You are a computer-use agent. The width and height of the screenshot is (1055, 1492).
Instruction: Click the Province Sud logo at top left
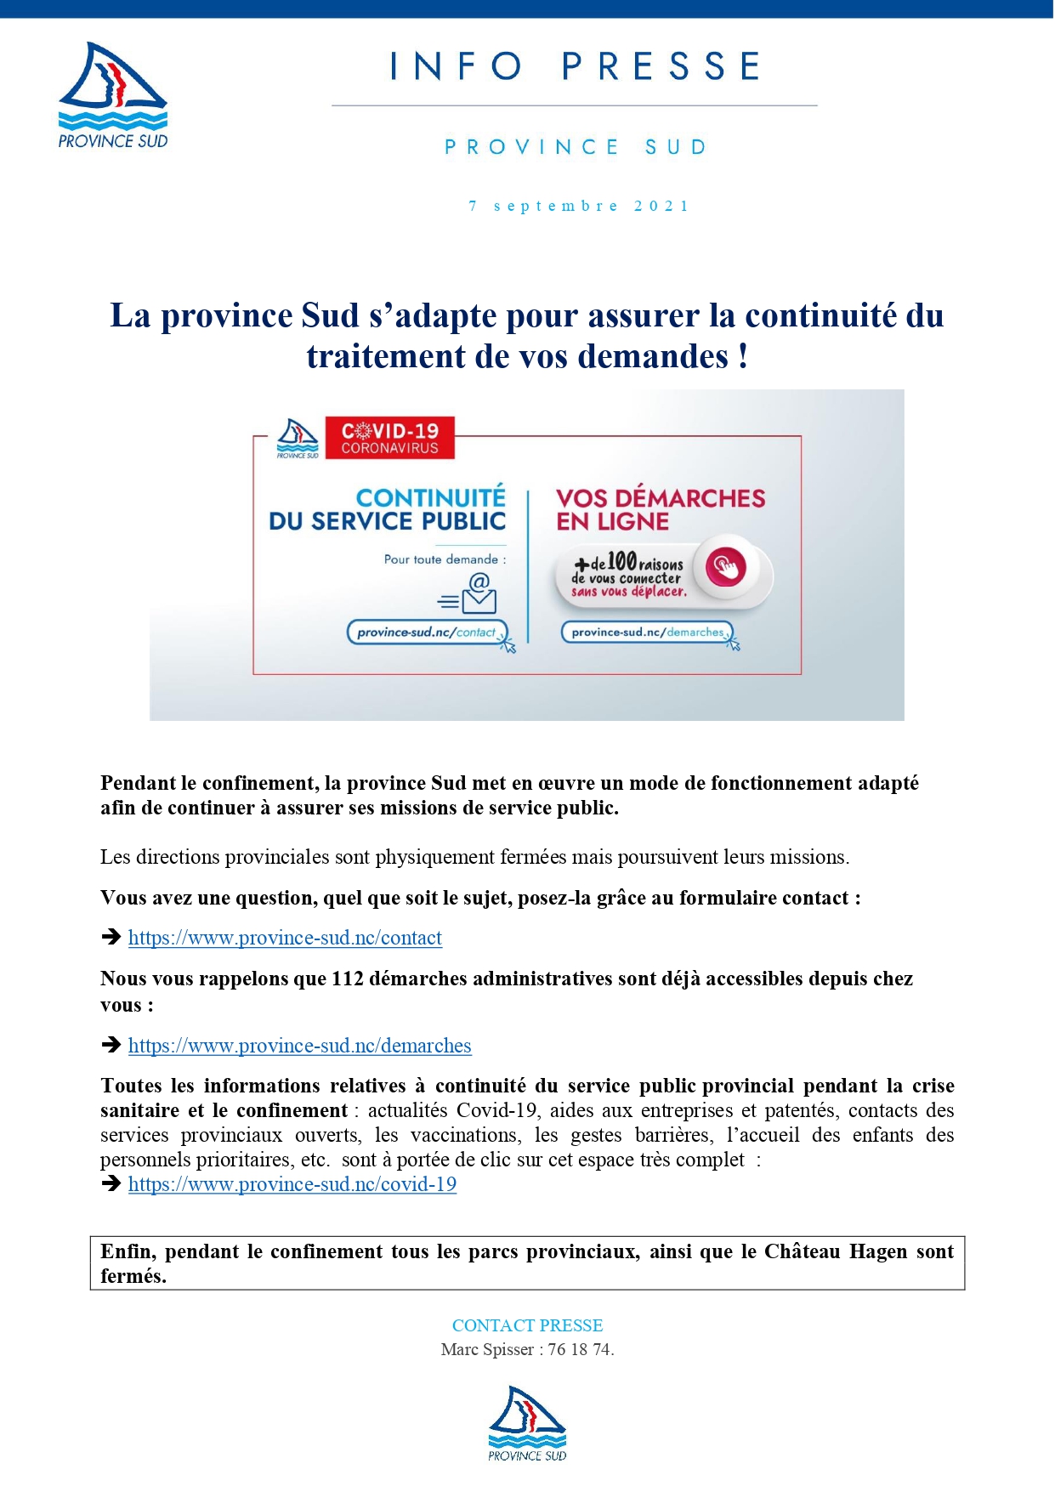point(113,95)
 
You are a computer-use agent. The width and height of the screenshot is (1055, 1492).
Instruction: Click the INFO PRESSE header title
point(576,66)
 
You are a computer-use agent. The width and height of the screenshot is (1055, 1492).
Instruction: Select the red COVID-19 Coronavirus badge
point(390,438)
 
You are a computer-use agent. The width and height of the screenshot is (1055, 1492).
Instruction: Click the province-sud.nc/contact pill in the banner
point(427,633)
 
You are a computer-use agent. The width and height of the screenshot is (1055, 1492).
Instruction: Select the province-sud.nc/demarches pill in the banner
point(647,633)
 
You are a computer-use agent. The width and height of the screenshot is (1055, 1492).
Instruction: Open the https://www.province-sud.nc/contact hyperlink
point(285,938)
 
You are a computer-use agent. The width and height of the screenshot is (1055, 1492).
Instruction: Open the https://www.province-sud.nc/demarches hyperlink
point(299,1046)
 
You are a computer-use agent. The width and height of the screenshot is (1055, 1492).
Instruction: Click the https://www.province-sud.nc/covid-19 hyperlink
point(292,1184)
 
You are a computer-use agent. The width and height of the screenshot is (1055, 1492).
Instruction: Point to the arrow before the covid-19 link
point(111,1183)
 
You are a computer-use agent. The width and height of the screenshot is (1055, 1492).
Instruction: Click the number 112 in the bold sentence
point(348,979)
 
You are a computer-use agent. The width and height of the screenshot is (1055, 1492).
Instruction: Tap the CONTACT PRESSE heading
point(527,1325)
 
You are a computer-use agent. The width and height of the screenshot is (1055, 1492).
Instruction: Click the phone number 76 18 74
point(581,1349)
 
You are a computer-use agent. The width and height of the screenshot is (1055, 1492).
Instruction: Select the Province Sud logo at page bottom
point(527,1423)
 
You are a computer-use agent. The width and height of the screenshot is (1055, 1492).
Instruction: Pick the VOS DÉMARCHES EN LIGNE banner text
point(660,509)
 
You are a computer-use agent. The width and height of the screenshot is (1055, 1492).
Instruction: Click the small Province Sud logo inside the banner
point(298,439)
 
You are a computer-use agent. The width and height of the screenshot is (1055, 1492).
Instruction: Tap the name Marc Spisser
point(487,1349)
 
